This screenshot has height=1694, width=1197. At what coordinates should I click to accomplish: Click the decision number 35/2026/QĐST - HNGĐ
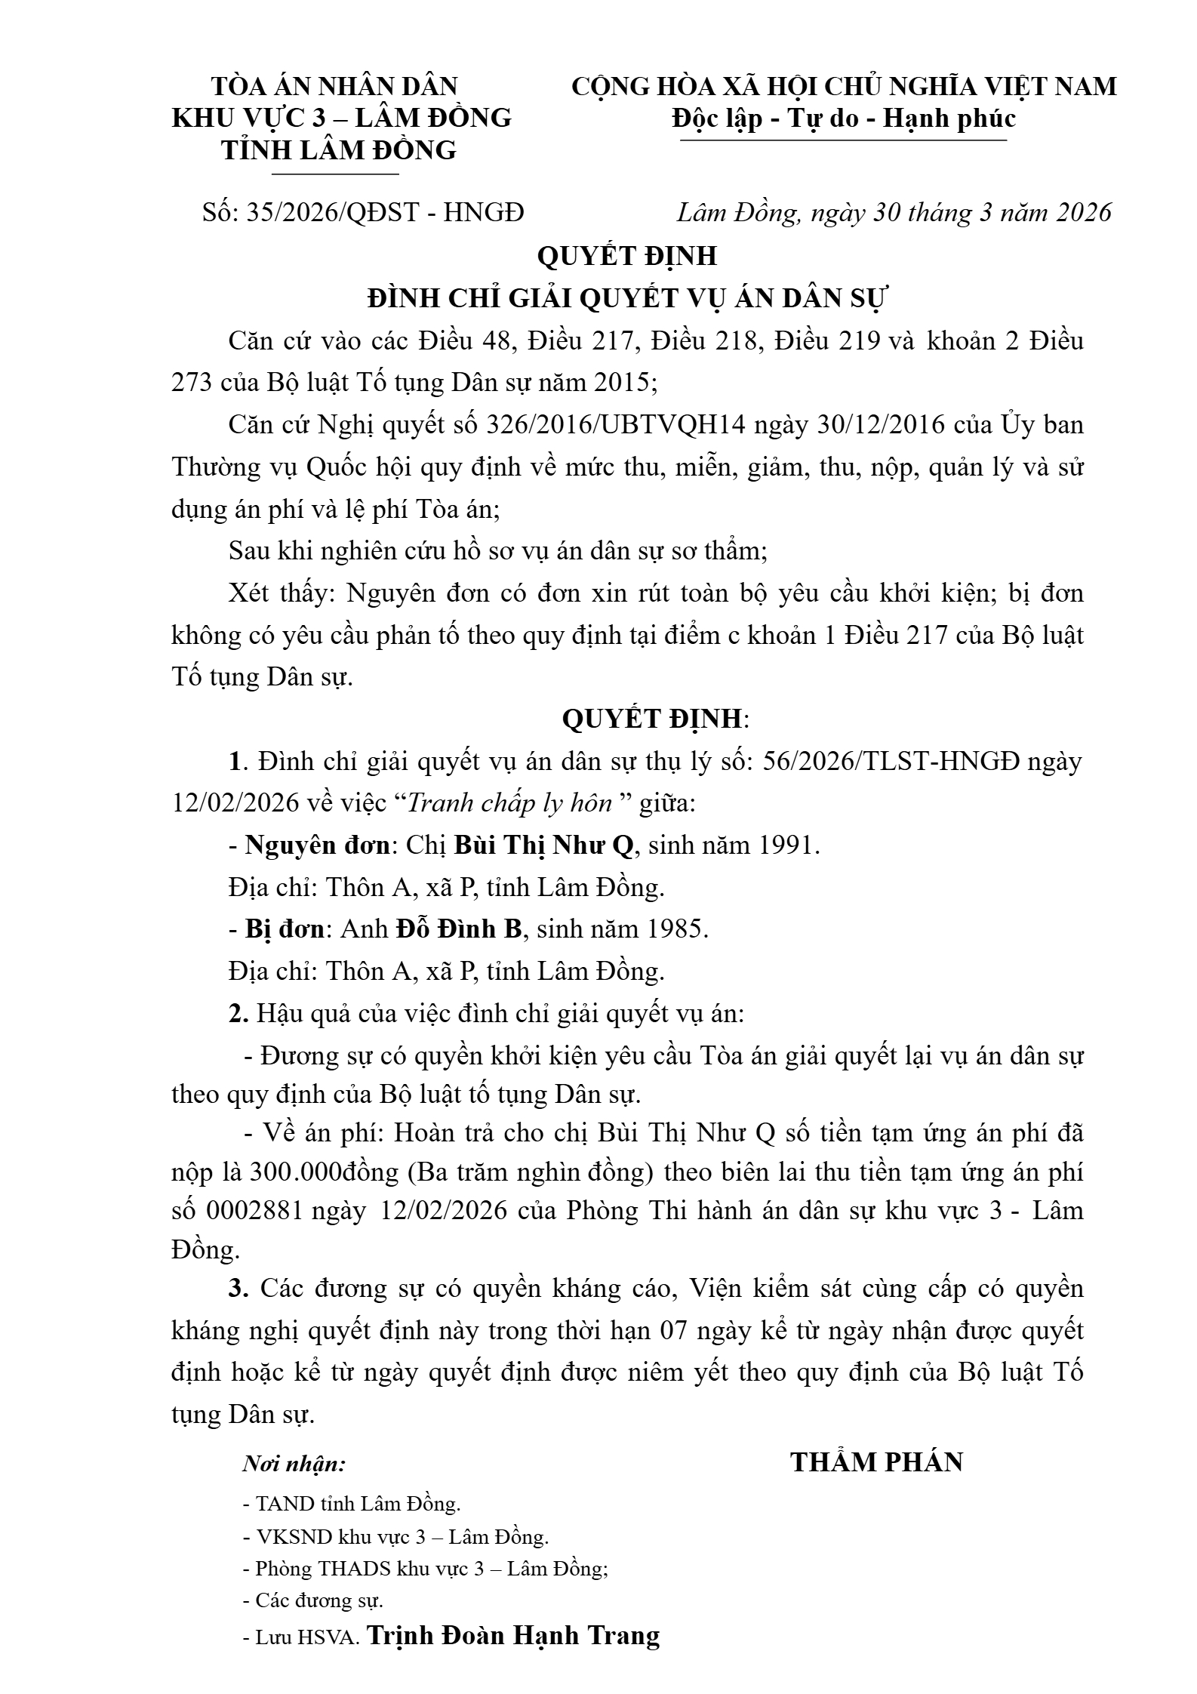point(385,212)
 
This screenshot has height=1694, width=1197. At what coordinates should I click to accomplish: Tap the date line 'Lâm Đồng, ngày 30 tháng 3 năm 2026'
point(894,212)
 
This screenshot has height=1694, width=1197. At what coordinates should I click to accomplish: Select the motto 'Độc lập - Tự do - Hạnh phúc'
point(844,119)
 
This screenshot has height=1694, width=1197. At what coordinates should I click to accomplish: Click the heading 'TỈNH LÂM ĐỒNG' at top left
point(339,150)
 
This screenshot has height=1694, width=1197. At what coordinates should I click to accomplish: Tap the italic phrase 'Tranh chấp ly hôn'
point(509,803)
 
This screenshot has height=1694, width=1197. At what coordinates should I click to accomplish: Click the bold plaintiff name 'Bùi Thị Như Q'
point(543,845)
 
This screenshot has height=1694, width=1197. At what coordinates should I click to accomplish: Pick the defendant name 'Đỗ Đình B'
point(459,929)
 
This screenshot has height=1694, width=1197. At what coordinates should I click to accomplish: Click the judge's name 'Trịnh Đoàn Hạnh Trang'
point(512,1635)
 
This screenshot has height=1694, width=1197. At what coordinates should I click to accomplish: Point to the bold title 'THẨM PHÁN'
point(877,1462)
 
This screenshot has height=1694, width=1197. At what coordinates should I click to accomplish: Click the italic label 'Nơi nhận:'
point(294,1465)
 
